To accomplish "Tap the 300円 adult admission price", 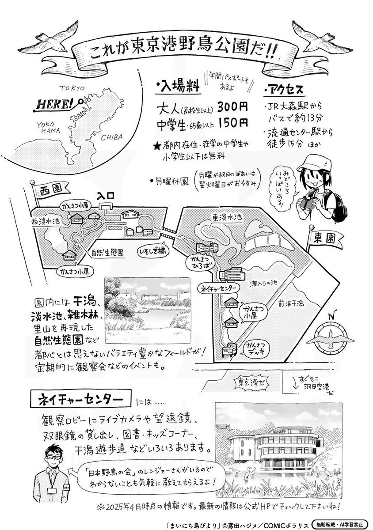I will (x=229, y=107).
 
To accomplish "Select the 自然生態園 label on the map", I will (x=107, y=253).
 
